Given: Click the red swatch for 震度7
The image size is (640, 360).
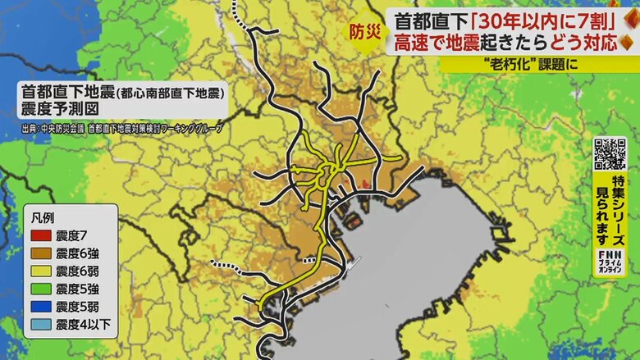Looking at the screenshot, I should [x=40, y=236].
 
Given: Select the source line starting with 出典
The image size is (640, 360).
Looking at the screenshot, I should [x=122, y=129].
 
